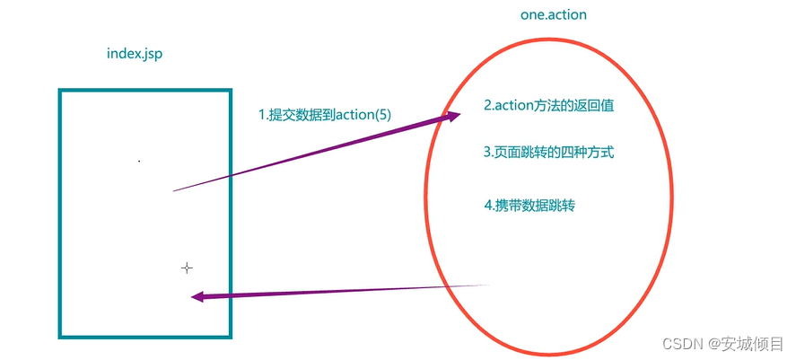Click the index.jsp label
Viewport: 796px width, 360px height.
click(134, 54)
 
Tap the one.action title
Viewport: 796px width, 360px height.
click(554, 15)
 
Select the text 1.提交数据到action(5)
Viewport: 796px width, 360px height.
click(325, 115)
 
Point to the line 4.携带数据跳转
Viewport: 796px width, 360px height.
click(529, 205)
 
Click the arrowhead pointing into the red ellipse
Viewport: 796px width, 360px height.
click(453, 116)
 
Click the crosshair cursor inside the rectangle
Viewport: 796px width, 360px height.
click(187, 268)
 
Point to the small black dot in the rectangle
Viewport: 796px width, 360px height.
click(139, 162)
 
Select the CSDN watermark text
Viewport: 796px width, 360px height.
click(723, 344)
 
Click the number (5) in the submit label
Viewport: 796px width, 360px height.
click(383, 115)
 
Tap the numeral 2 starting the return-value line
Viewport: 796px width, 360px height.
click(487, 105)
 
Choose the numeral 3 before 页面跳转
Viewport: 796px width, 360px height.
click(487, 153)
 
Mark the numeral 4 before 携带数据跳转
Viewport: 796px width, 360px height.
click(487, 205)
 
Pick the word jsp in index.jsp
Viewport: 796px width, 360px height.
click(153, 54)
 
